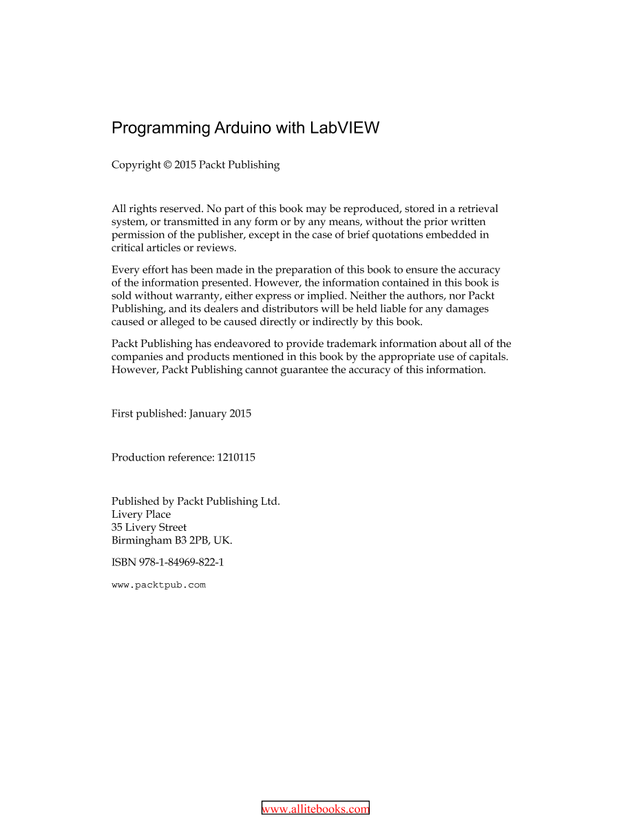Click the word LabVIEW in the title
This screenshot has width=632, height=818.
point(344,128)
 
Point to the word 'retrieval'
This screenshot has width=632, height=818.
point(476,209)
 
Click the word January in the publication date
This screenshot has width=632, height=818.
point(209,414)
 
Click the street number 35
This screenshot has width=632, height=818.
point(117,528)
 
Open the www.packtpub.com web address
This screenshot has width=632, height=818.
point(158,585)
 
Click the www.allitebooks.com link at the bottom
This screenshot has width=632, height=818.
point(316,810)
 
